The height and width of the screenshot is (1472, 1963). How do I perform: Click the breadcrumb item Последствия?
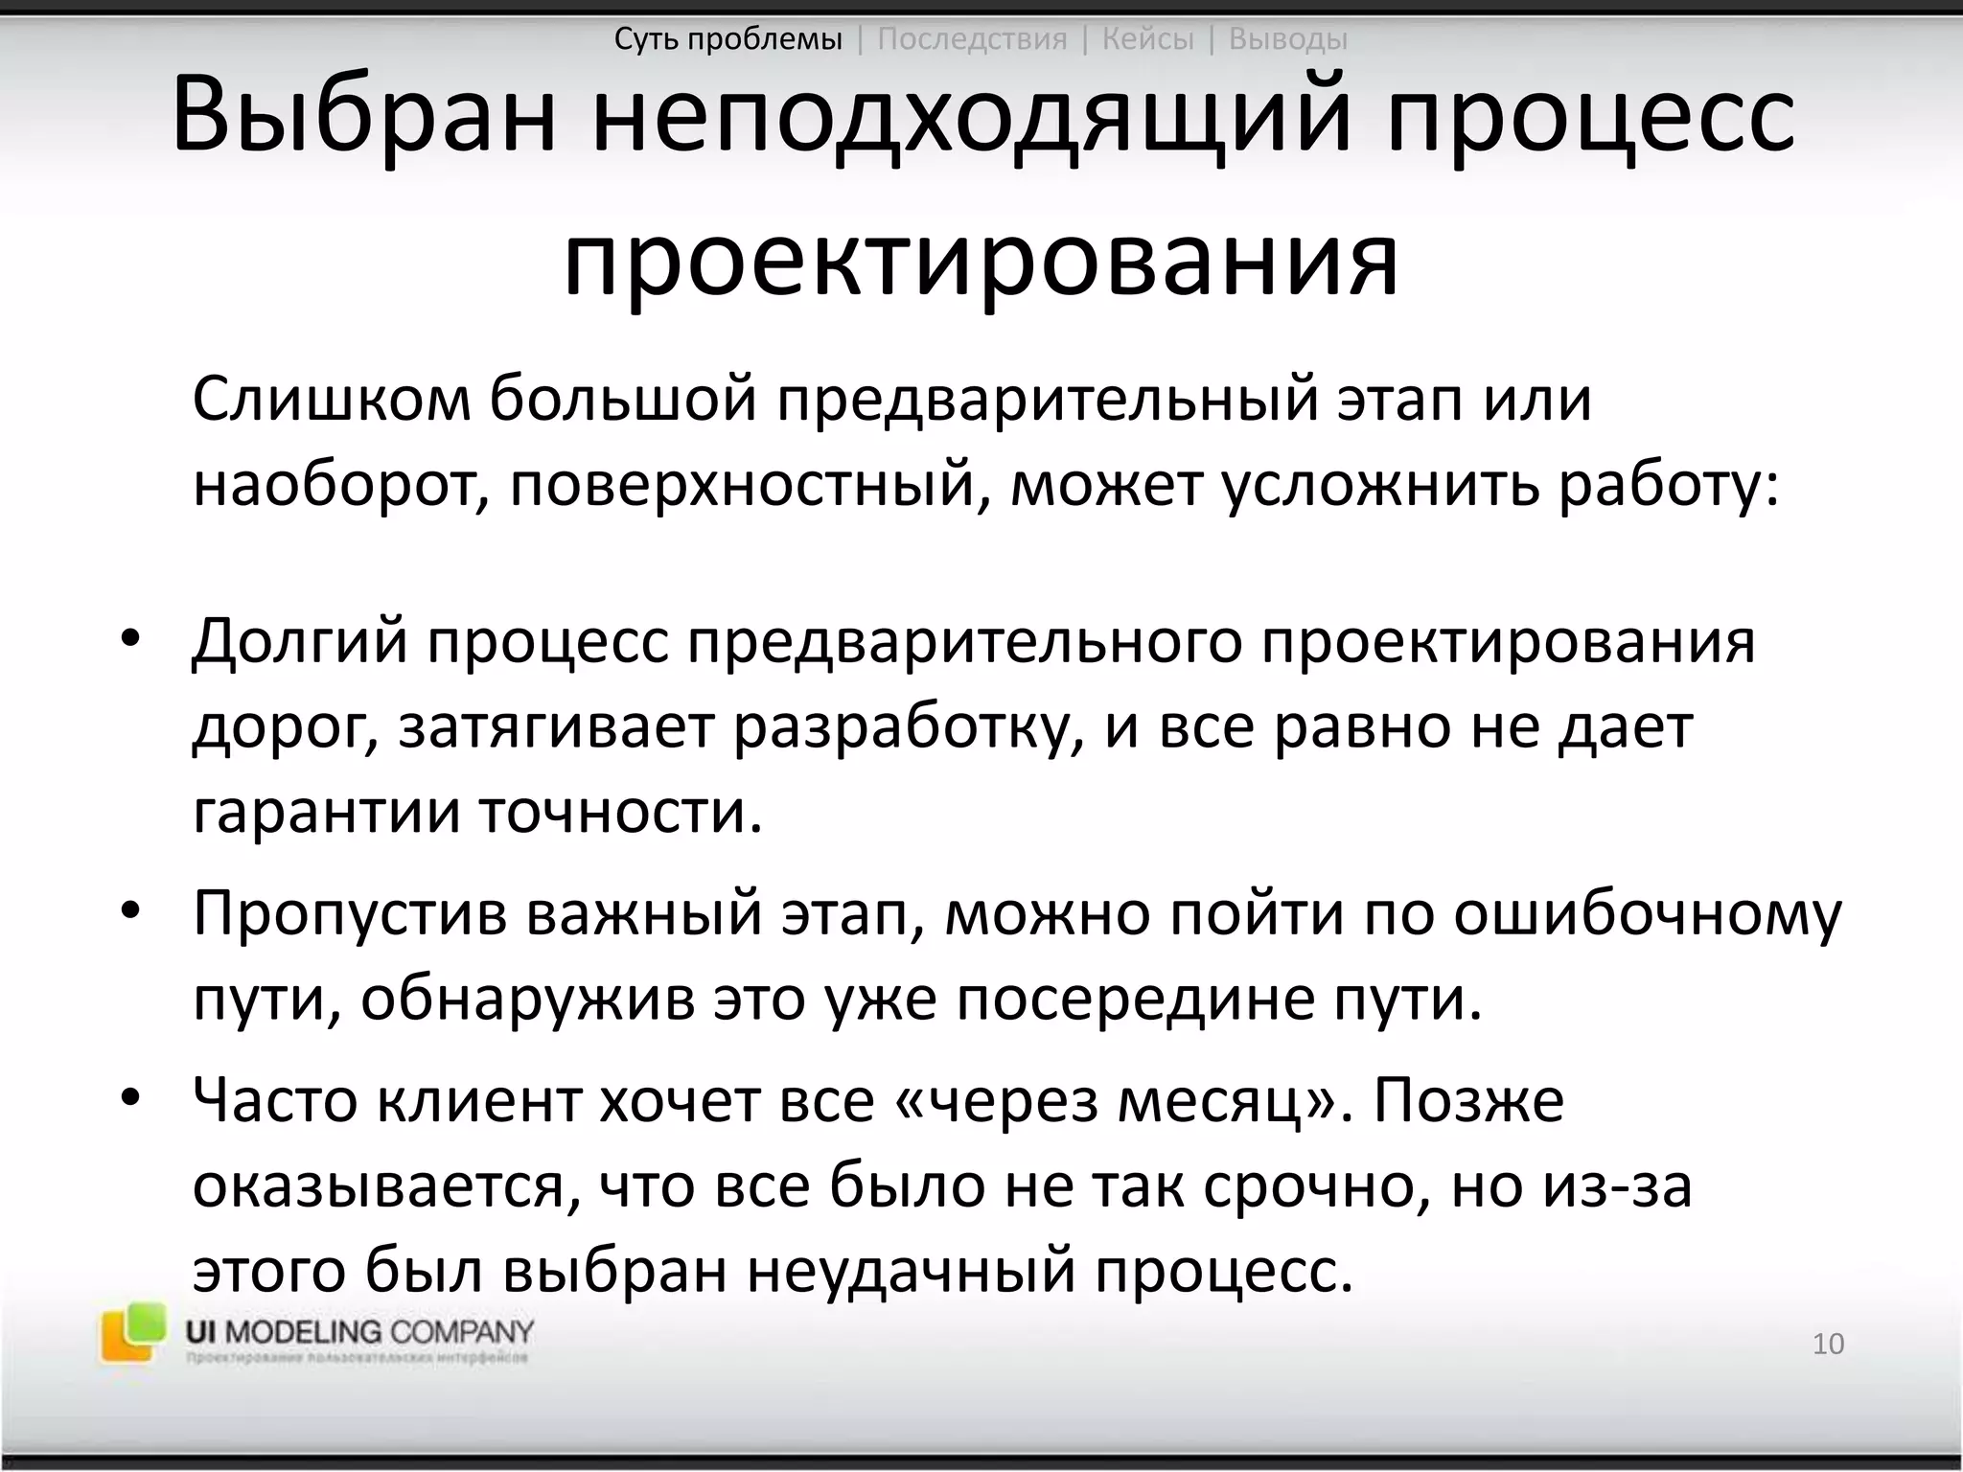click(972, 39)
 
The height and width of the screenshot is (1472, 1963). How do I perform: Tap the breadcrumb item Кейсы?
click(1147, 39)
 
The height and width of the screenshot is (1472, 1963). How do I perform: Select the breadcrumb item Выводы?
click(1287, 39)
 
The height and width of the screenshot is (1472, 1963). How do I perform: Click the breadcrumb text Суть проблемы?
click(728, 39)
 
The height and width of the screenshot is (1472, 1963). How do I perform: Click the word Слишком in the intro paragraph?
click(332, 401)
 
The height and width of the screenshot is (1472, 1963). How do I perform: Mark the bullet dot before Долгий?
click(130, 640)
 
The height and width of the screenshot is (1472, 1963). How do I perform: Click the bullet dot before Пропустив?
click(130, 911)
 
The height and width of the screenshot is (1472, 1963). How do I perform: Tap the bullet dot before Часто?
click(130, 1097)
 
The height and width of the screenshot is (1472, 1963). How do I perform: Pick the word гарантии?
click(326, 814)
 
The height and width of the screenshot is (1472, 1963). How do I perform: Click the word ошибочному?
click(1647, 915)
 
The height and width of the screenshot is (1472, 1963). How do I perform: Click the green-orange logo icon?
click(132, 1332)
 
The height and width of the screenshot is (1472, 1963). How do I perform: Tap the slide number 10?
click(1828, 1344)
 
